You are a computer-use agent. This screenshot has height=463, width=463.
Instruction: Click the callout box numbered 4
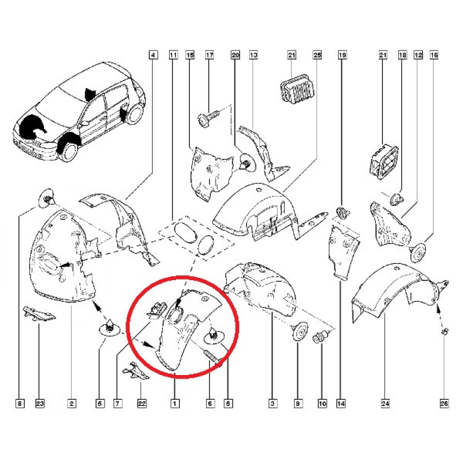[x=153, y=55]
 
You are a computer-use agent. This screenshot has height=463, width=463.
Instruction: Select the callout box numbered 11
[x=173, y=55]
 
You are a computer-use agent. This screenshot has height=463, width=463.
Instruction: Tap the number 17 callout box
[x=210, y=55]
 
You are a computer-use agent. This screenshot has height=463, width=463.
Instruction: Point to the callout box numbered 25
[x=317, y=55]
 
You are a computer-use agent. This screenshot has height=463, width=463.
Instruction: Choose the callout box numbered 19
[x=342, y=55]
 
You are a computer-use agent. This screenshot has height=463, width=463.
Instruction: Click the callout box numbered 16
[x=434, y=55]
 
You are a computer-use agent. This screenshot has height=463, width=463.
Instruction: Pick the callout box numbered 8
[x=20, y=403]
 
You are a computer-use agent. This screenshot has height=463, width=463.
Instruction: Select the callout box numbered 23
[x=40, y=403]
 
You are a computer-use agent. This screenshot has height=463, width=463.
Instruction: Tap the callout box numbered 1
[x=175, y=403]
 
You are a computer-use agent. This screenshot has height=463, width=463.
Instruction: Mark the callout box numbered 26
[x=444, y=403]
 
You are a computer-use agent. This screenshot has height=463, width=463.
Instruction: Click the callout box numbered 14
[x=341, y=403]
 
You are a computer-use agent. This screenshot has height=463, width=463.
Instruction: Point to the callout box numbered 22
[x=142, y=403]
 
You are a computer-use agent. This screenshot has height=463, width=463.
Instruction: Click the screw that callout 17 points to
[x=208, y=118]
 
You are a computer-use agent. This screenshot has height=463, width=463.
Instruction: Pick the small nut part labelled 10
[x=320, y=337]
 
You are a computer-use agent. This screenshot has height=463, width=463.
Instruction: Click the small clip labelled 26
[x=444, y=332]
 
